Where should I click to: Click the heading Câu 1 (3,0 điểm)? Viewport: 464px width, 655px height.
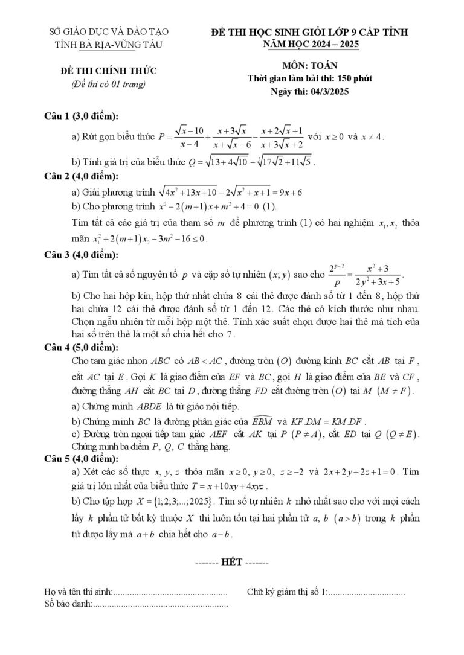pos(81,116)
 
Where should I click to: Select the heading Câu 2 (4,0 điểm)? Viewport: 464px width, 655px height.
pos(81,176)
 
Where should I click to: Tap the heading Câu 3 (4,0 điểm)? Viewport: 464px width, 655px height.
pos(81,255)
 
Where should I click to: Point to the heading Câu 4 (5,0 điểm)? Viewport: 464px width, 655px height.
pos(81,347)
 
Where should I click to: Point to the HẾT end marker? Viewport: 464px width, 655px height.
pos(232,561)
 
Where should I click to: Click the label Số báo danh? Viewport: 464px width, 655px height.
pos(68,603)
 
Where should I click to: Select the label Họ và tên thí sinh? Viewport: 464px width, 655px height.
pos(79,592)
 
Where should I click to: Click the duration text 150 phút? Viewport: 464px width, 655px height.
pos(351,78)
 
